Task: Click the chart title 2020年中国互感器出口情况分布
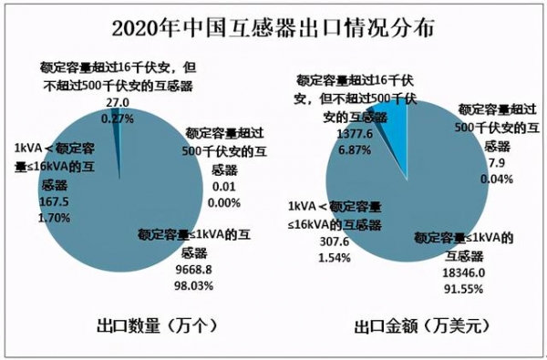pyautogui.click(x=273, y=26)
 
